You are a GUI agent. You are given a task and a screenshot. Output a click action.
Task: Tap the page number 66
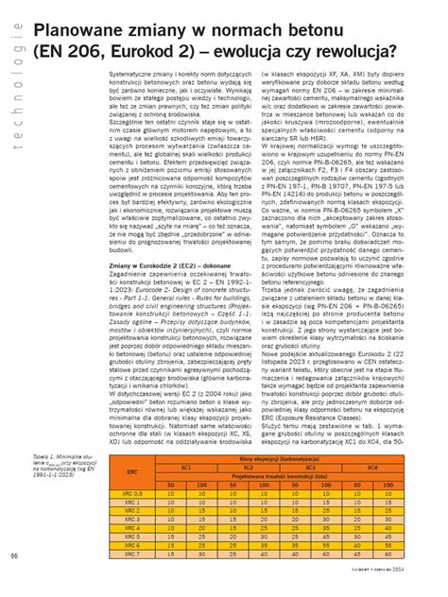14,579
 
